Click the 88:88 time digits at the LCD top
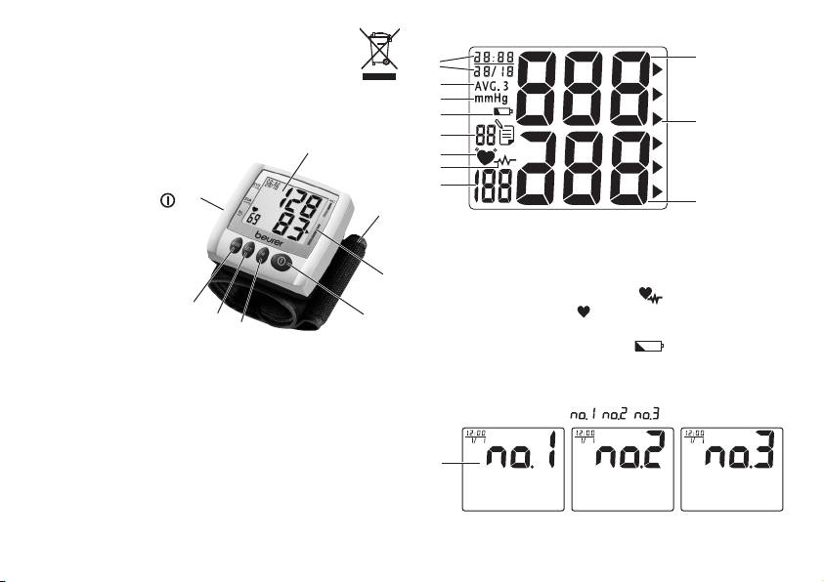tap(492, 55)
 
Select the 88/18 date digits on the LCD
tap(492, 70)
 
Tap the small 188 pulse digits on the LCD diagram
tap(492, 187)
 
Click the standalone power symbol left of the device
tap(167, 200)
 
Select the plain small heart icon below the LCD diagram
tap(586, 312)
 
